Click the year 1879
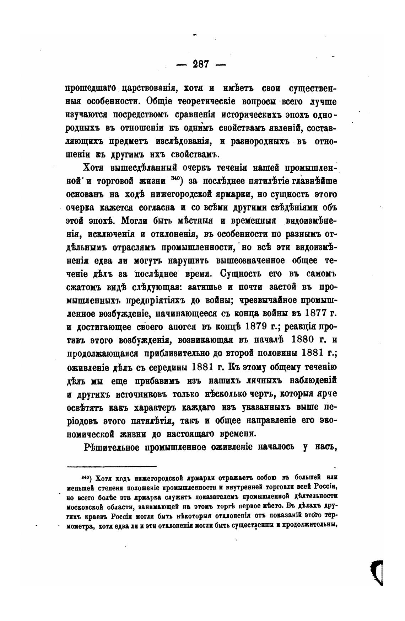click(261, 327)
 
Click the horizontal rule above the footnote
click(112, 466)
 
